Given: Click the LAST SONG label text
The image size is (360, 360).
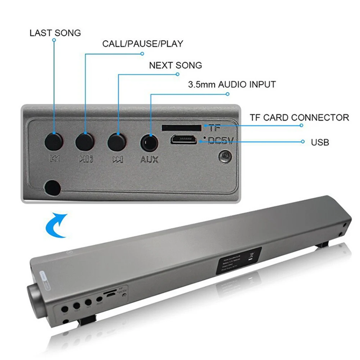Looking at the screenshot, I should coord(55,33).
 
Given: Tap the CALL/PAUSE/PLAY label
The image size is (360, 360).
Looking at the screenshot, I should coord(142,44).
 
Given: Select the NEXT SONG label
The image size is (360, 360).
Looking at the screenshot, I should coord(175,65).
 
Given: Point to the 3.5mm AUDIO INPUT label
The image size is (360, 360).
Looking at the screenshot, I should coord(232,85).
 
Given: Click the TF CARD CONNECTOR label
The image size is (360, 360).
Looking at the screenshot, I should coord(299,117).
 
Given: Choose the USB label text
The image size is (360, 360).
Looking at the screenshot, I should coord(320,142).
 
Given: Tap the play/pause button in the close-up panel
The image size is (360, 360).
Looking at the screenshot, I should coord(85,141).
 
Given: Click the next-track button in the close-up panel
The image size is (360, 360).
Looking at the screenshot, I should coord(117,142).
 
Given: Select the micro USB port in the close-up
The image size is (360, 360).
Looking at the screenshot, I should coord(183,139).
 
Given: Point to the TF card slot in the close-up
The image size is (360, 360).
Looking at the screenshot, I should coord(182,127).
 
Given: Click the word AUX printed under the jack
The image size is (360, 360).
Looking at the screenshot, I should coord(149,159).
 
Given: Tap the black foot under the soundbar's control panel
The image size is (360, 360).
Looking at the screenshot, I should coord(87,319).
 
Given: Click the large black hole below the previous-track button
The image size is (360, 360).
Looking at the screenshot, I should coord(53,187).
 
